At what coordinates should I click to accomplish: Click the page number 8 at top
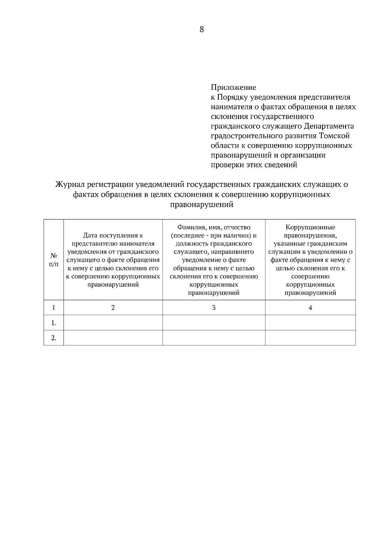201,30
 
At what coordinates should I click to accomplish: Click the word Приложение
233,87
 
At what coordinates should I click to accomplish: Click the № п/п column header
54,260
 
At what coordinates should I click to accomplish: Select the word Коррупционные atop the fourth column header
310,227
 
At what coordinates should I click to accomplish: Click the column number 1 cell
54,307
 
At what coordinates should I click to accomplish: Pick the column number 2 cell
113,307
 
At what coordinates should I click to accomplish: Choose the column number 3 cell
214,307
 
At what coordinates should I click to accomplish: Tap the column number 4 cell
310,307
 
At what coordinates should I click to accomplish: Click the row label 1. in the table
54,323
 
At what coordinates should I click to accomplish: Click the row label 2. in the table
54,338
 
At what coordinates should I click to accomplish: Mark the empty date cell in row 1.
113,323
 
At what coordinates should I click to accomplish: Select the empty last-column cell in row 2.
310,338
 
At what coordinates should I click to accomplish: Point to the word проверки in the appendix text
226,165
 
